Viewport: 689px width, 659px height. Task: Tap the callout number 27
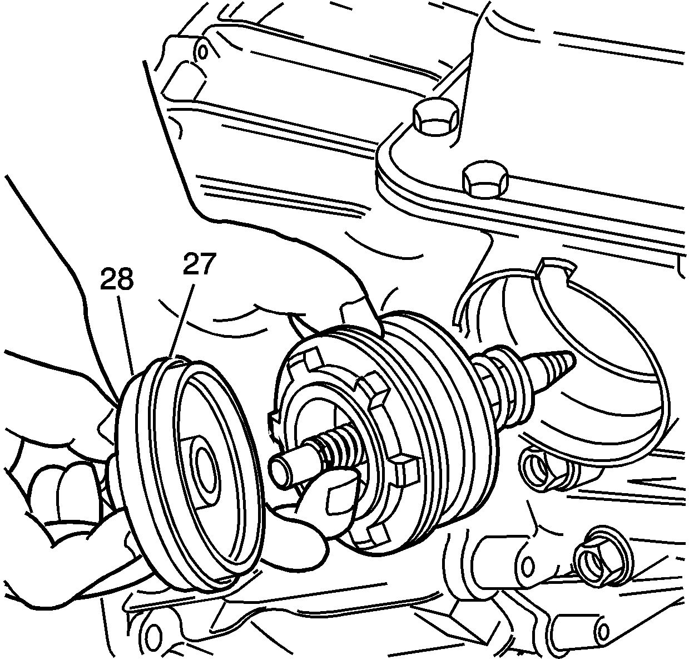click(x=200, y=264)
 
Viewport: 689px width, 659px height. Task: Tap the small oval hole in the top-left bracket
click(x=202, y=52)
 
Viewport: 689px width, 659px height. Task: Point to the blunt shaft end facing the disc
click(x=281, y=471)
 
